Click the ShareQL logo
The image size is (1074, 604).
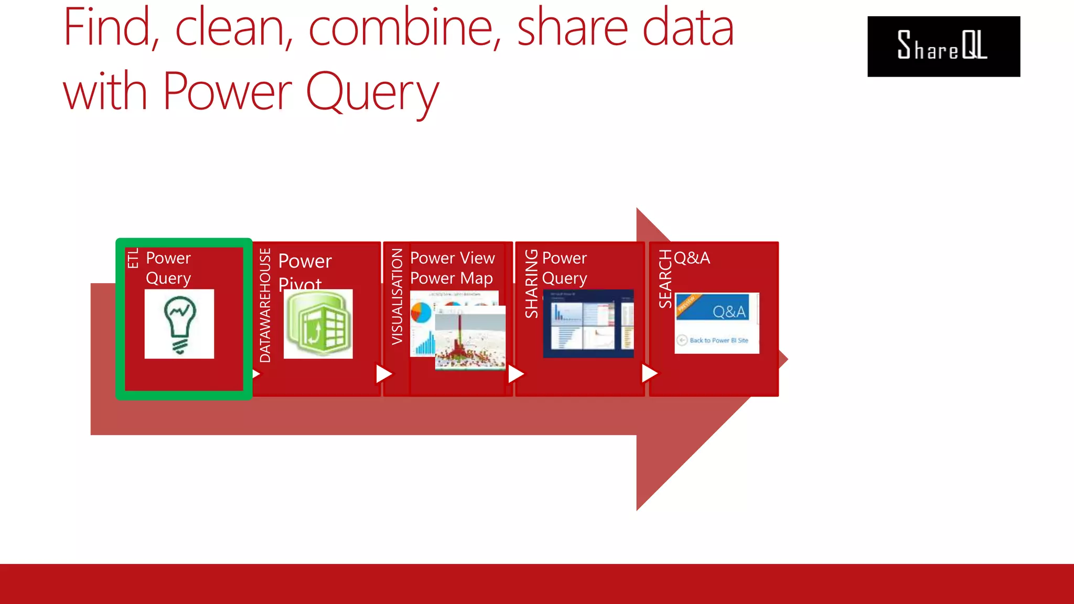click(943, 46)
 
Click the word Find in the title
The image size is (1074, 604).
click(108, 29)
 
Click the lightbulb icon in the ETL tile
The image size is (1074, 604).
click(179, 324)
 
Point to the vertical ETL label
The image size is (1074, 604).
click(133, 258)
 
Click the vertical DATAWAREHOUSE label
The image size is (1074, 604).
click(265, 305)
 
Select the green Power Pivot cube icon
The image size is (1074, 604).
click(318, 324)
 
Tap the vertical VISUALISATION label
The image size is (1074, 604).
click(397, 296)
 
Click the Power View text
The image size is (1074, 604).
click(452, 258)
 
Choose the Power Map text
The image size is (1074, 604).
click(451, 278)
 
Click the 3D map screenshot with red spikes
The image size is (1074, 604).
click(470, 338)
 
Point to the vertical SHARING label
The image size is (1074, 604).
click(531, 284)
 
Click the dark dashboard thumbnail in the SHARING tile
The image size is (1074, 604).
click(588, 323)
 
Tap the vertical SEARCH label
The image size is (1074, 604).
click(665, 279)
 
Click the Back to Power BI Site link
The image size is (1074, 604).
click(718, 340)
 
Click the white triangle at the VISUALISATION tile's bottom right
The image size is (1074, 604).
click(515, 374)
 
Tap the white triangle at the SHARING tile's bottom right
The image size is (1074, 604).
click(649, 373)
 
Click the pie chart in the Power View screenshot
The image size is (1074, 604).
click(421, 312)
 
